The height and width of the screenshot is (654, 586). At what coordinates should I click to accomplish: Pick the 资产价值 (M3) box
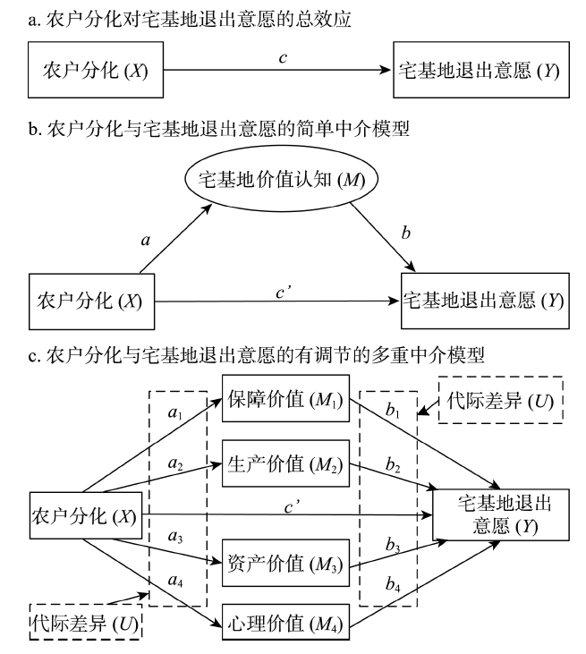tap(278, 565)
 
